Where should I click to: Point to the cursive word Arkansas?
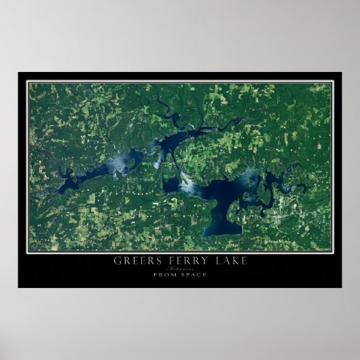180,268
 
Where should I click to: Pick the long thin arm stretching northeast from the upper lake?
217,126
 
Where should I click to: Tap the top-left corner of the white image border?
27,82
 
